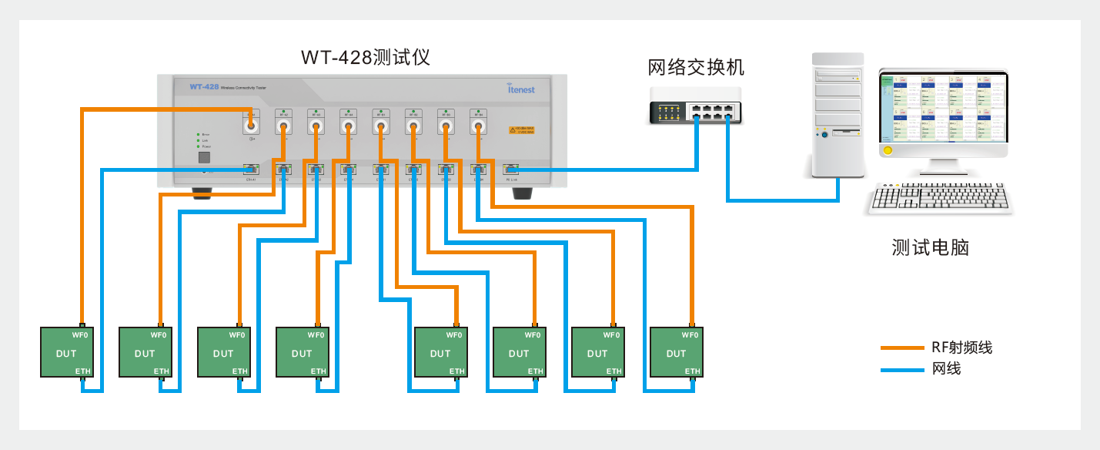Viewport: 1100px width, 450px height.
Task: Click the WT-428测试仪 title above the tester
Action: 365,59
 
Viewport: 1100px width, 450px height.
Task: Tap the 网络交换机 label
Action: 696,68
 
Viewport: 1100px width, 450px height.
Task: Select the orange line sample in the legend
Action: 901,348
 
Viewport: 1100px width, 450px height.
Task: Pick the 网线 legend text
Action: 946,369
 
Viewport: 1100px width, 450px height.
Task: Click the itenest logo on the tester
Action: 521,88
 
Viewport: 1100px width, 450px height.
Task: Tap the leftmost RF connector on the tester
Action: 251,125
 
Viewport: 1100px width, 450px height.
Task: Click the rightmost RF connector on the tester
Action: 478,125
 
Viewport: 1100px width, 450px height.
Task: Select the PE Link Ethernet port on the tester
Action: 510,169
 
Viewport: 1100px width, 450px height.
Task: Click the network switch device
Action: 695,106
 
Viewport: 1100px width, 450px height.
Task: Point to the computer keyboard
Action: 940,200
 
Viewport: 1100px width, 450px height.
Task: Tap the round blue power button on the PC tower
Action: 825,136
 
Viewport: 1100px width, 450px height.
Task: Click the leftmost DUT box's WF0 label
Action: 81,335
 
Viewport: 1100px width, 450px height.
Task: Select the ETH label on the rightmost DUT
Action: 692,371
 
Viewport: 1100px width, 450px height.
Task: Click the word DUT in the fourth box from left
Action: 302,354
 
